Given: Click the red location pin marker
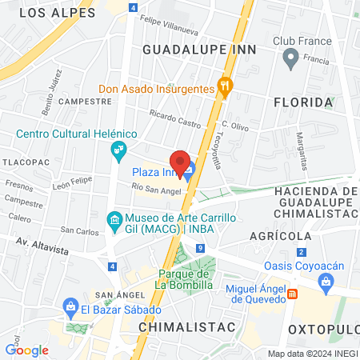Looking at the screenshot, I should (182, 162).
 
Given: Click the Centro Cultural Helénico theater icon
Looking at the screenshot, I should (119, 149).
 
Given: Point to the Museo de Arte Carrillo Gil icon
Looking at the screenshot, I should (114, 218).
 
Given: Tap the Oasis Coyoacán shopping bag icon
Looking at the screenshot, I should (326, 281).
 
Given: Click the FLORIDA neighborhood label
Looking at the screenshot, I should (302, 102).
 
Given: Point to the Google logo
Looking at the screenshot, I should (26, 350).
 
